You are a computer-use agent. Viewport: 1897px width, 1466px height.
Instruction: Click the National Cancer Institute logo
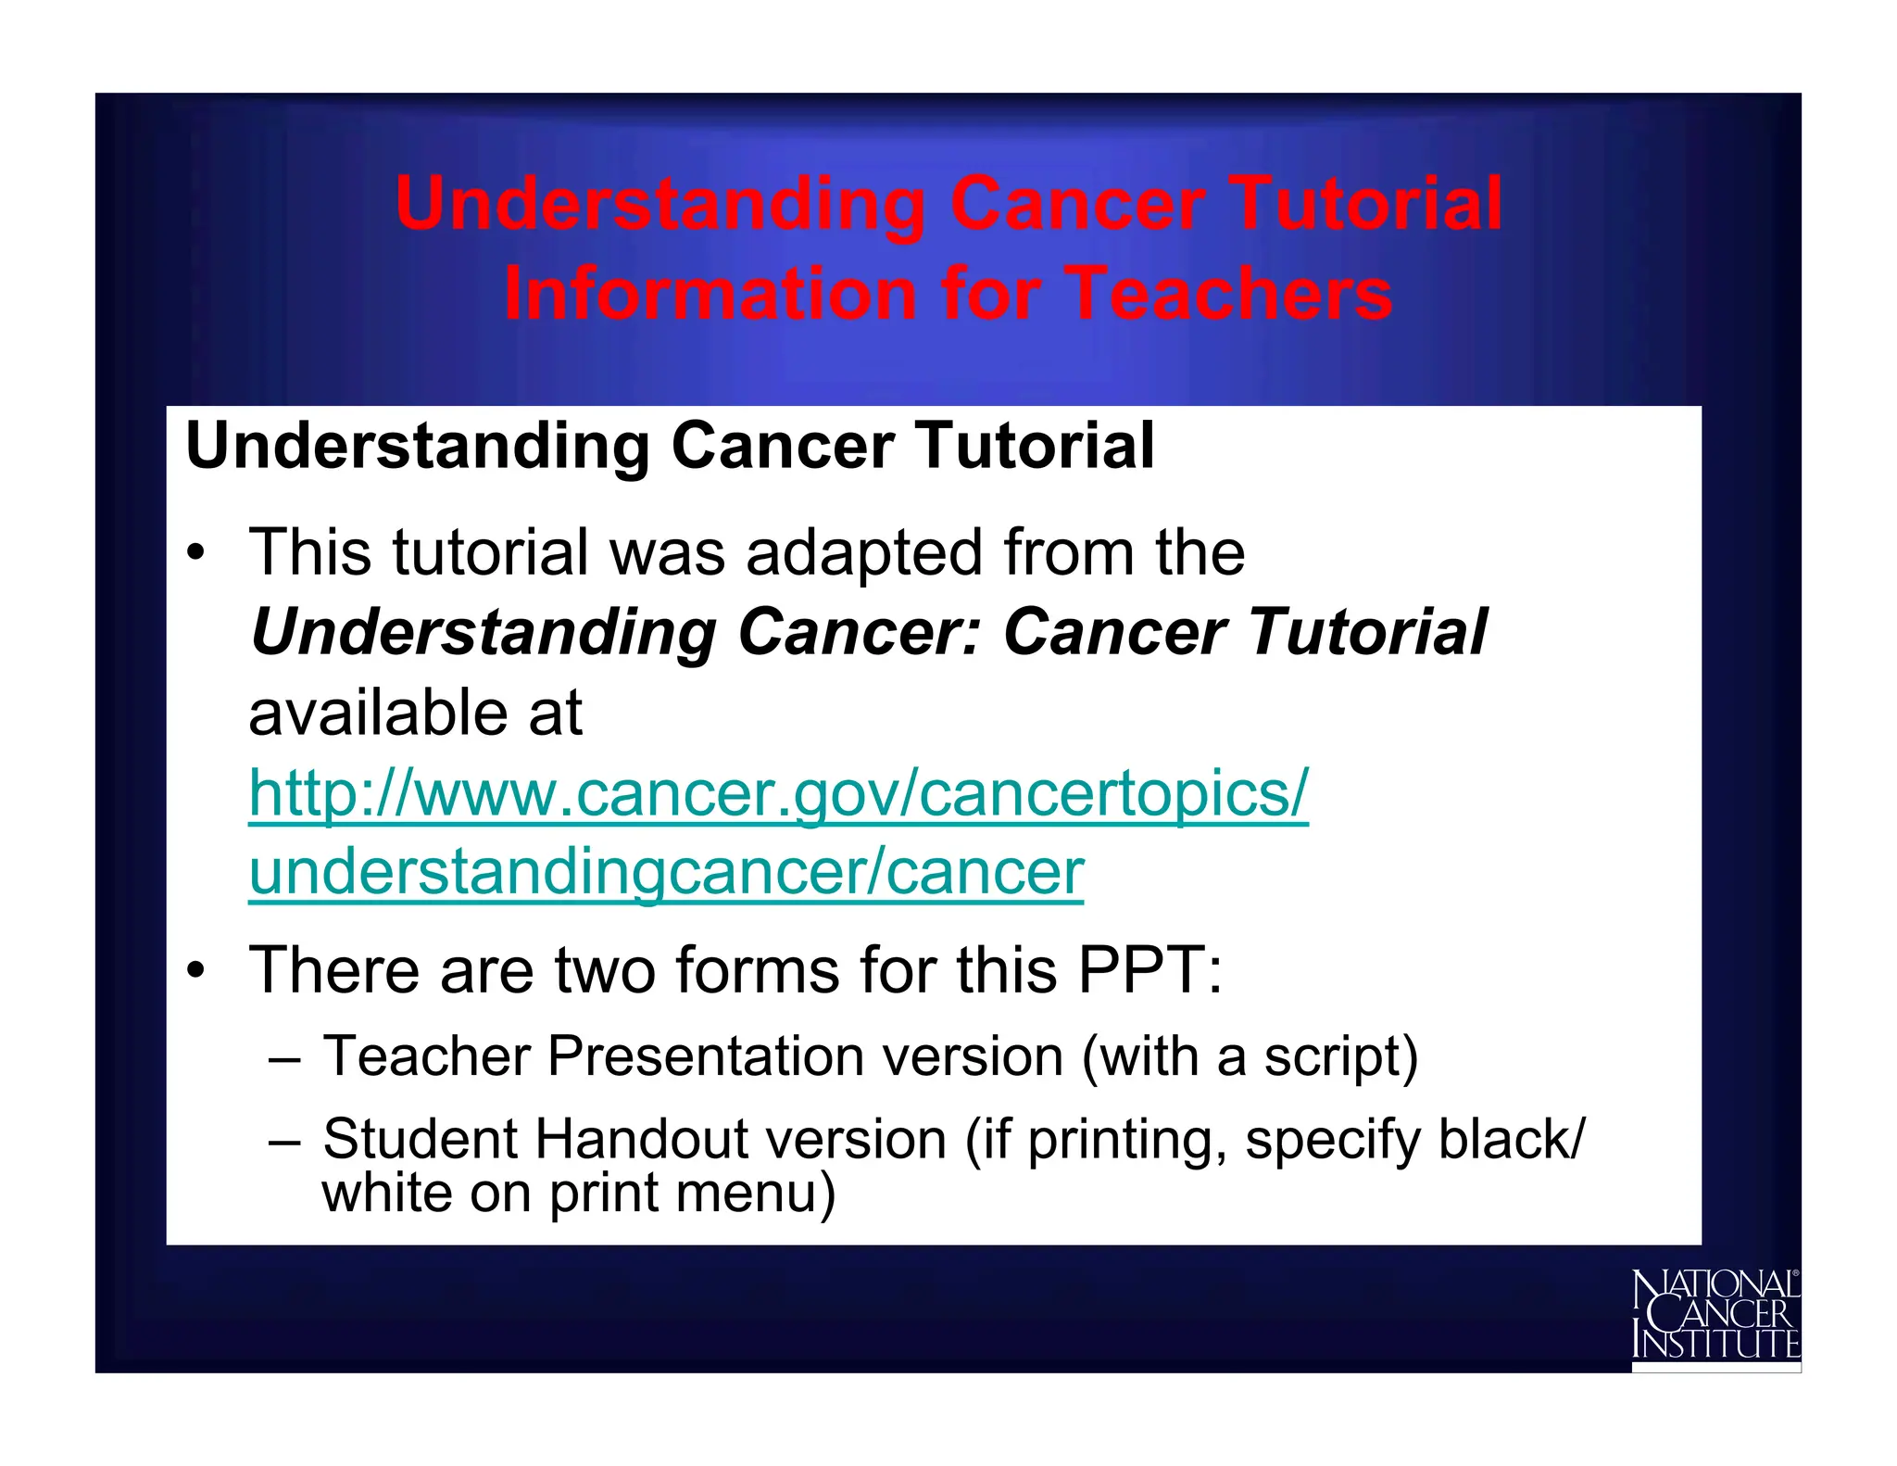(x=1715, y=1316)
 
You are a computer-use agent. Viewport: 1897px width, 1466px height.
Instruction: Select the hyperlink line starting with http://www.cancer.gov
(x=778, y=794)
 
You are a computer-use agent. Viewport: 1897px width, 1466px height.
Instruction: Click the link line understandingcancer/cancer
(x=666, y=873)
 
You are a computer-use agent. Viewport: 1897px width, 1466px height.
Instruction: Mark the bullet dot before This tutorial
(x=195, y=554)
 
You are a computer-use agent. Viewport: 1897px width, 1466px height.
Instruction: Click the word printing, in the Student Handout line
(x=1127, y=1139)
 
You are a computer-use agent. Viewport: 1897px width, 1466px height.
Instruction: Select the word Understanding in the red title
(x=659, y=204)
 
